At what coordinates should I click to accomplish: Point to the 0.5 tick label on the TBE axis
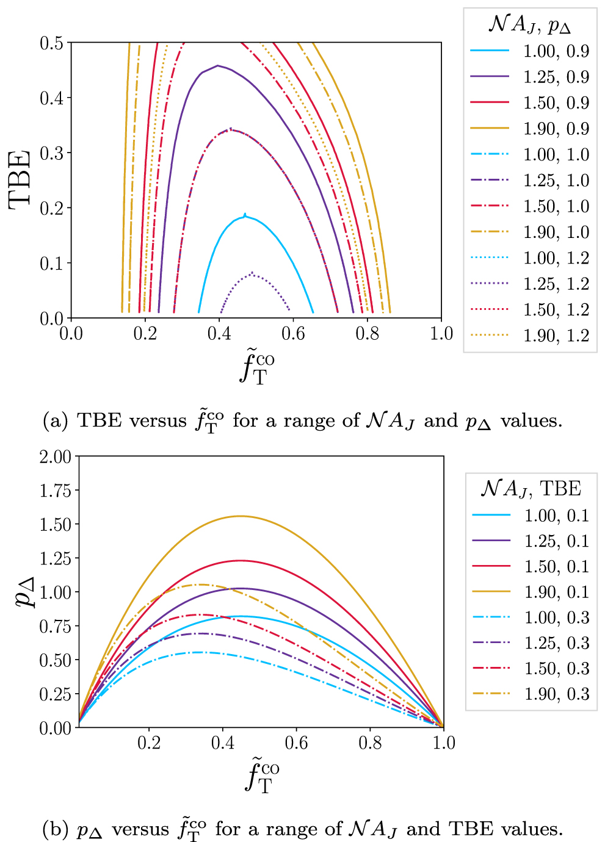click(x=52, y=43)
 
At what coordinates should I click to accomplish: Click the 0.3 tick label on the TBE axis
click(x=52, y=153)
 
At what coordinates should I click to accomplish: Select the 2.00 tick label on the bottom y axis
click(x=56, y=456)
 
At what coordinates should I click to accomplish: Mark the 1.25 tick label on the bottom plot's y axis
click(x=56, y=558)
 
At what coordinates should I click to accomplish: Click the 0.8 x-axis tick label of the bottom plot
click(x=370, y=743)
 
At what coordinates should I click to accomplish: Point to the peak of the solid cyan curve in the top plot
click(x=245, y=215)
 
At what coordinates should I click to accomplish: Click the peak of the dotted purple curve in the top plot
click(x=252, y=273)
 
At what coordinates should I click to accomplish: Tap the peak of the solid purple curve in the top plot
click(x=218, y=65)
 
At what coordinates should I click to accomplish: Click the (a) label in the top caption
click(x=55, y=421)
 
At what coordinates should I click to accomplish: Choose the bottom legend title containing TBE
click(x=531, y=489)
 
